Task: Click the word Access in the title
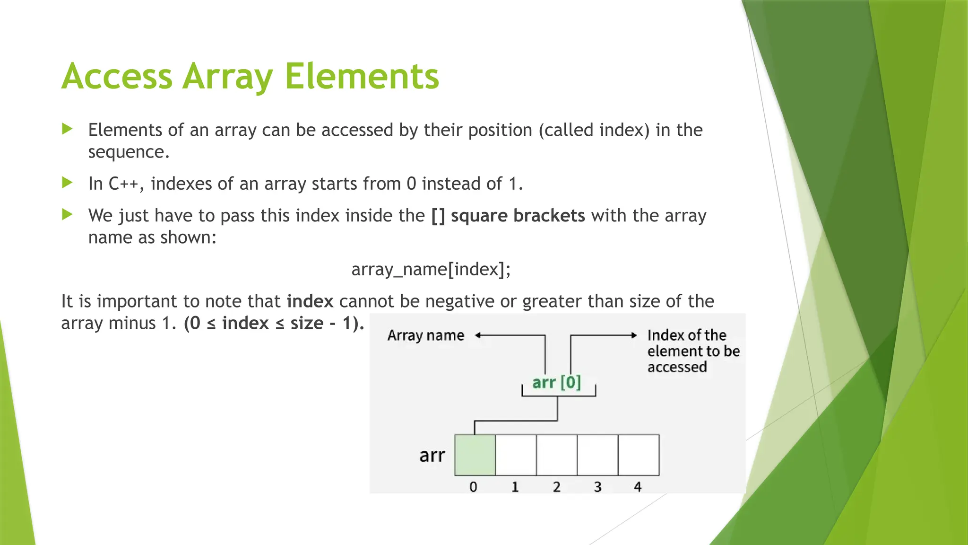(x=117, y=76)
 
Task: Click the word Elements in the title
(x=362, y=76)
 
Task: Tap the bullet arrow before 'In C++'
(x=68, y=183)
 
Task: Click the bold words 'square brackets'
(x=518, y=216)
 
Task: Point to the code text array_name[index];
(x=431, y=269)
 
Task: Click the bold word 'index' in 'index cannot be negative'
(x=310, y=301)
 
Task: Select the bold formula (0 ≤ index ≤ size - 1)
(x=274, y=323)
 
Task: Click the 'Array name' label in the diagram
(x=425, y=335)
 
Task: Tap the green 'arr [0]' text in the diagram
(x=556, y=382)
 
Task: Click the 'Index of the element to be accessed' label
(x=692, y=351)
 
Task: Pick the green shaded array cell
(x=475, y=455)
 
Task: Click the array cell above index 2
(x=557, y=455)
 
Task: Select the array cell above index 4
(x=639, y=455)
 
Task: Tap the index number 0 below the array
(x=473, y=487)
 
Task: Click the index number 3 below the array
(x=597, y=487)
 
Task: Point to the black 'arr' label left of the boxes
(x=432, y=455)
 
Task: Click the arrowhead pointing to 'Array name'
(x=478, y=335)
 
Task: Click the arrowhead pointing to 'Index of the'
(x=634, y=335)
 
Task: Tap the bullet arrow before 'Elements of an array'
(x=68, y=129)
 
